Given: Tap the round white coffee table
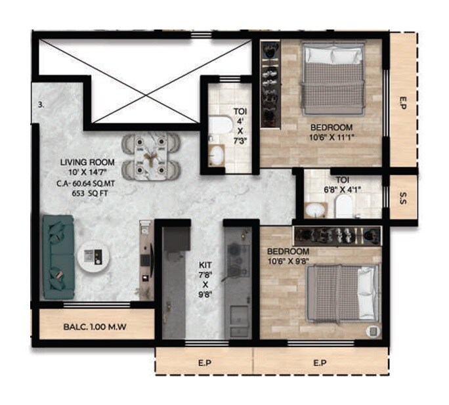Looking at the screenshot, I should coord(93,257).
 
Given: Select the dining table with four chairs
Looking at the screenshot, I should coord(152,156).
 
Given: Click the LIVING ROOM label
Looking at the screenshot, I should coord(87,162).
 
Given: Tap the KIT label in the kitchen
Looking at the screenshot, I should coord(205,265).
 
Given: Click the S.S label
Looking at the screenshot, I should coord(402,196).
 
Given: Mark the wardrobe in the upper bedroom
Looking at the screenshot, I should coord(270,83).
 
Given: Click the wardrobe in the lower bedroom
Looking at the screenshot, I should coord(337,234).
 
